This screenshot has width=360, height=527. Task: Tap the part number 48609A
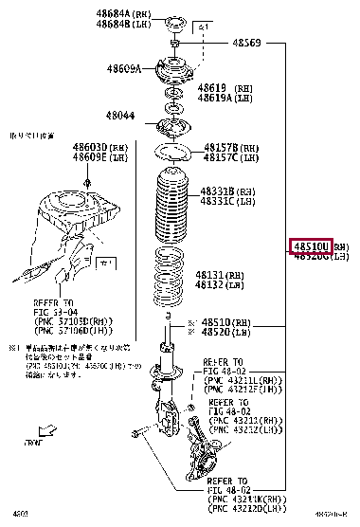coord(123,69)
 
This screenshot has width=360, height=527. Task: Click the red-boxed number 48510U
coord(311,245)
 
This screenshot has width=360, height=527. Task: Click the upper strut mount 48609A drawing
coord(172,72)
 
